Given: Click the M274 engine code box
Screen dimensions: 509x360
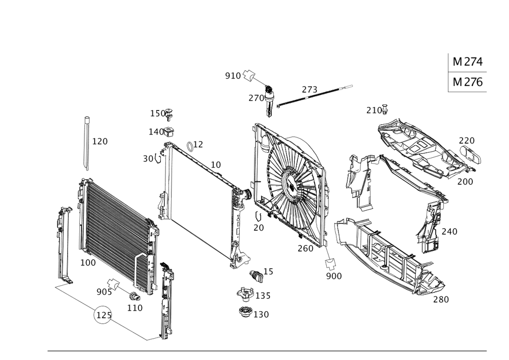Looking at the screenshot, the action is (467, 63).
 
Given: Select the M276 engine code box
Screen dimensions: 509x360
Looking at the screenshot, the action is (467, 82).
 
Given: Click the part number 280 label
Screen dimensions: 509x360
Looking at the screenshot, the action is (441, 300).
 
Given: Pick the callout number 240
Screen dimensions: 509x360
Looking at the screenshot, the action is (449, 231).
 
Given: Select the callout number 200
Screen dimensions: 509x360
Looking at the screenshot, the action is (465, 181).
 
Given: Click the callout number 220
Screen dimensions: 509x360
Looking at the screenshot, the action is (467, 140).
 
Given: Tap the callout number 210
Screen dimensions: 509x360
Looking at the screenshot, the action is (376, 109).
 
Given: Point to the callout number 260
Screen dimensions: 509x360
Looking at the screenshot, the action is (305, 248).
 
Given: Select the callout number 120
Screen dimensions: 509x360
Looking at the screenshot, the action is (100, 141).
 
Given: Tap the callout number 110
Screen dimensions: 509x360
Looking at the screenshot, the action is (135, 308).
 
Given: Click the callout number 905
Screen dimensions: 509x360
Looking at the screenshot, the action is (103, 292).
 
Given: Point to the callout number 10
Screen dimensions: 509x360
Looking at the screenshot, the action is (216, 165).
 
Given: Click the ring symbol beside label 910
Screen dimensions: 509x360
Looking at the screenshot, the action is (248, 75).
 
